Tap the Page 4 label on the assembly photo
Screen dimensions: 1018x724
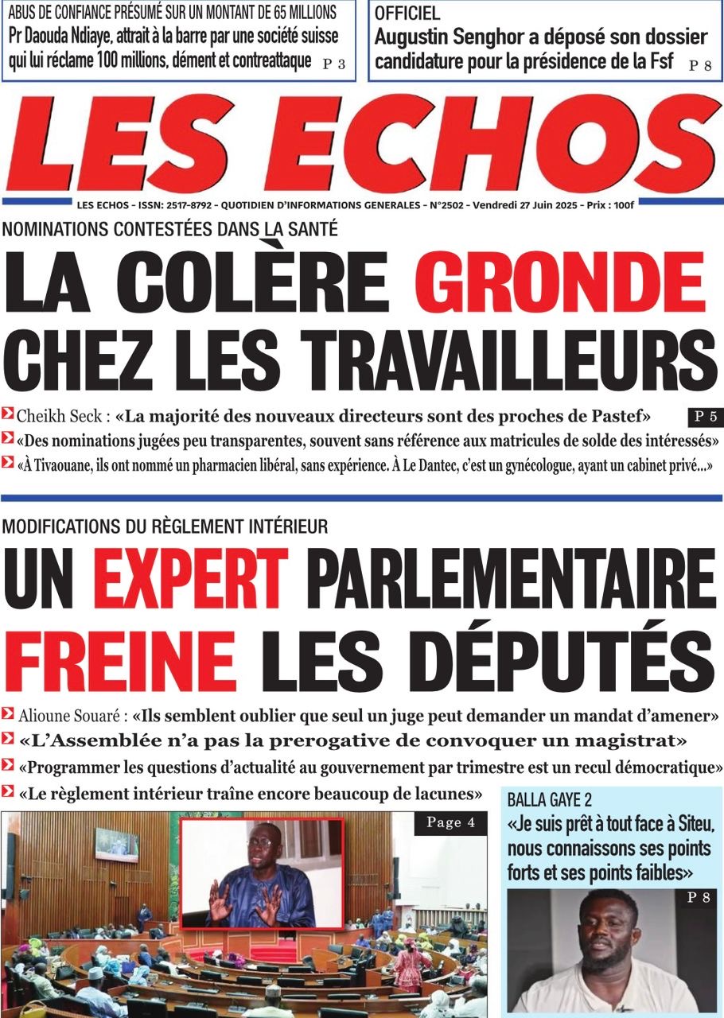click(x=450, y=823)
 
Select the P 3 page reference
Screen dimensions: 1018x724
click(x=334, y=65)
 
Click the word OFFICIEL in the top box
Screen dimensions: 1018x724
click(x=407, y=14)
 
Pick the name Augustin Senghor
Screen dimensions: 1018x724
click(x=461, y=37)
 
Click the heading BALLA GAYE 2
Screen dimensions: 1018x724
click(x=550, y=800)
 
